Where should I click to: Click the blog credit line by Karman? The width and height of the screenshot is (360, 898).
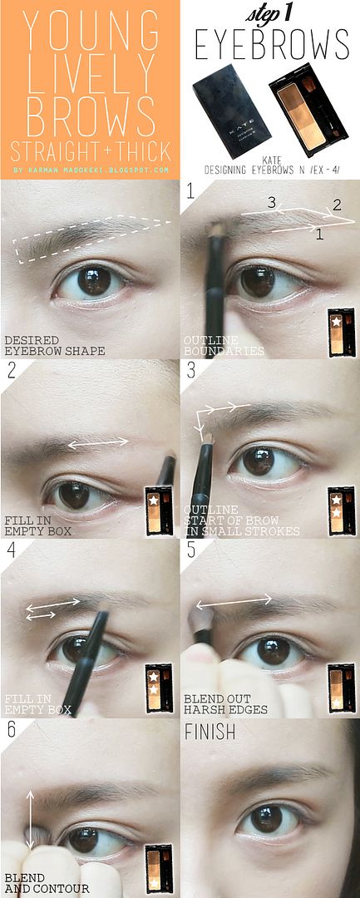[91, 170]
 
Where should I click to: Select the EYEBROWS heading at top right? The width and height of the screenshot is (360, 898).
[272, 44]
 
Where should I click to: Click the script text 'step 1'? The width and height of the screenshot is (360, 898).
[271, 14]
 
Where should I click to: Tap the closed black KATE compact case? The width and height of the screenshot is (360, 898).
[224, 111]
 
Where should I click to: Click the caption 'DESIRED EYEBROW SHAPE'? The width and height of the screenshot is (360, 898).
[54, 344]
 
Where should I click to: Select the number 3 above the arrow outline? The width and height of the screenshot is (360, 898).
[273, 202]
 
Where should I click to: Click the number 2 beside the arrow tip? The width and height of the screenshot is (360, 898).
[337, 205]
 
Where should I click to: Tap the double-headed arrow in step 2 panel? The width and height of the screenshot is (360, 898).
[98, 442]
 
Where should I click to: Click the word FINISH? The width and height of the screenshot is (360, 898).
[210, 732]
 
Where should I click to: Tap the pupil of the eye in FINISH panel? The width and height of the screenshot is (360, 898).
[266, 820]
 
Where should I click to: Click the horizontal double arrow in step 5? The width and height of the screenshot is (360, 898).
[234, 601]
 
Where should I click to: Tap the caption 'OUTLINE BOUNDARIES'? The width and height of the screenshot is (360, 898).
[224, 346]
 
